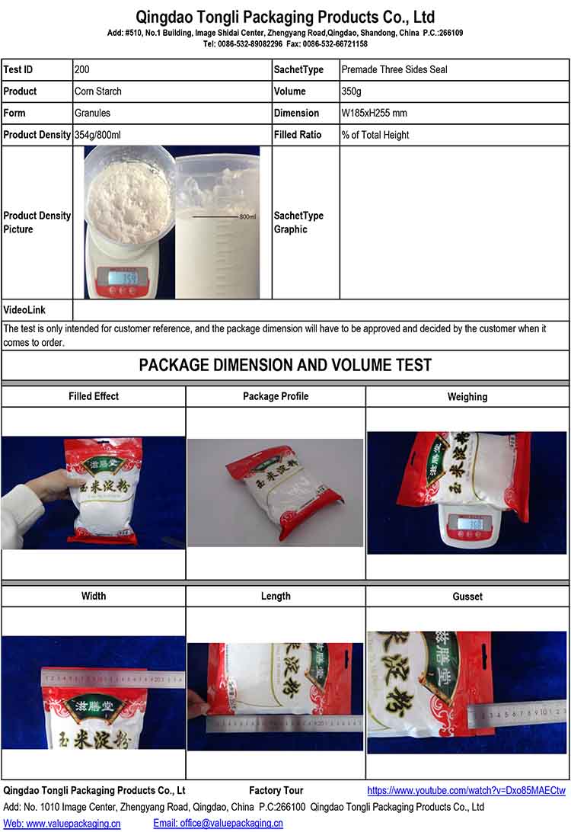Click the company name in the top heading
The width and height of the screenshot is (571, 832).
(285, 17)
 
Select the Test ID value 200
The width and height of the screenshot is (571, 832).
(81, 70)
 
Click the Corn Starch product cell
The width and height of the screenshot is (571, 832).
(98, 91)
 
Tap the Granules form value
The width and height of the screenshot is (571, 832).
(93, 113)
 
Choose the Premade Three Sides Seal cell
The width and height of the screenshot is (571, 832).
(394, 70)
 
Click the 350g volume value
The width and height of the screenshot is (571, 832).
(352, 91)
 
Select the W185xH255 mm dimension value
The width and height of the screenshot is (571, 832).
(374, 113)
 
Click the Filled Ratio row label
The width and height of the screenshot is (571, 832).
(298, 135)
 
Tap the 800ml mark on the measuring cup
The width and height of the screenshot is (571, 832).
(247, 217)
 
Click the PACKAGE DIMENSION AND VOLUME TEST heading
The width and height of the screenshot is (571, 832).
(285, 365)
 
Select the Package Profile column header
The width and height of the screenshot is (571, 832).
(276, 396)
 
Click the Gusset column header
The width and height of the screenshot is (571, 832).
(467, 597)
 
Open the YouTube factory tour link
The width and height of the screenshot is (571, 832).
(466, 791)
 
